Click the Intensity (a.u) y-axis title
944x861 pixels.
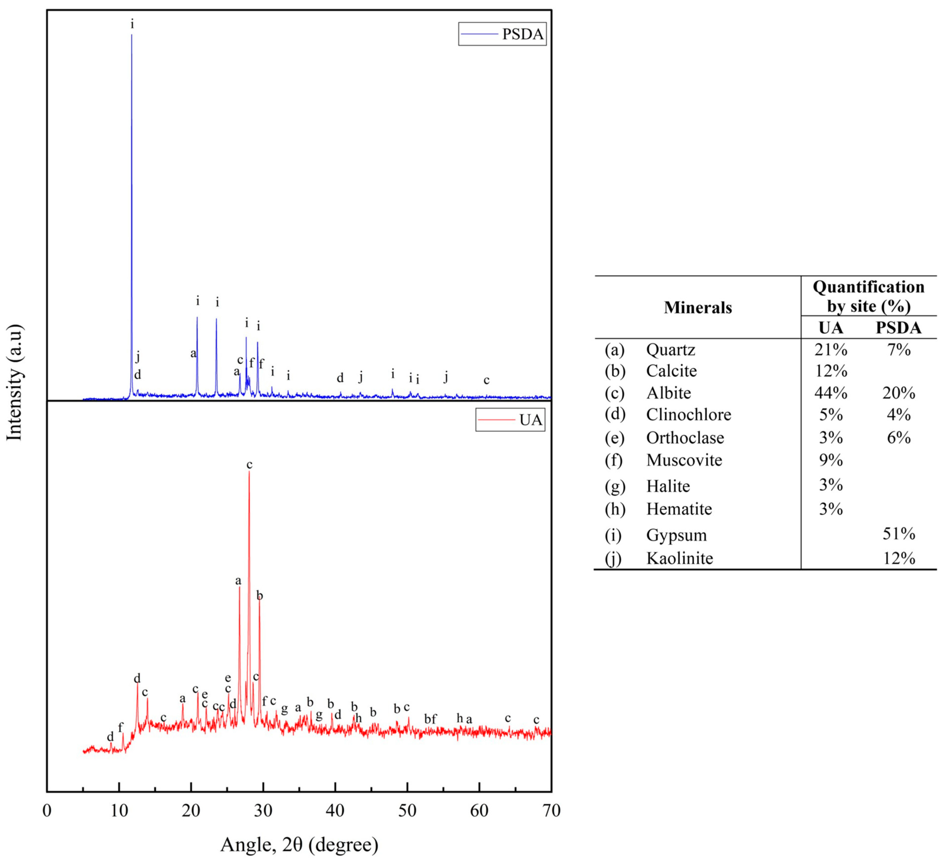(15, 382)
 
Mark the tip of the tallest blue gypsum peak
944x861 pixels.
(132, 35)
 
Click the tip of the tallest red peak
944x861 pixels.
(249, 471)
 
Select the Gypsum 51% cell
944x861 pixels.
(899, 534)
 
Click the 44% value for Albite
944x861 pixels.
(831, 393)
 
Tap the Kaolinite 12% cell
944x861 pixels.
(899, 558)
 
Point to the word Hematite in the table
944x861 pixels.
(679, 509)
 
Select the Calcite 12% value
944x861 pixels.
(831, 371)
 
